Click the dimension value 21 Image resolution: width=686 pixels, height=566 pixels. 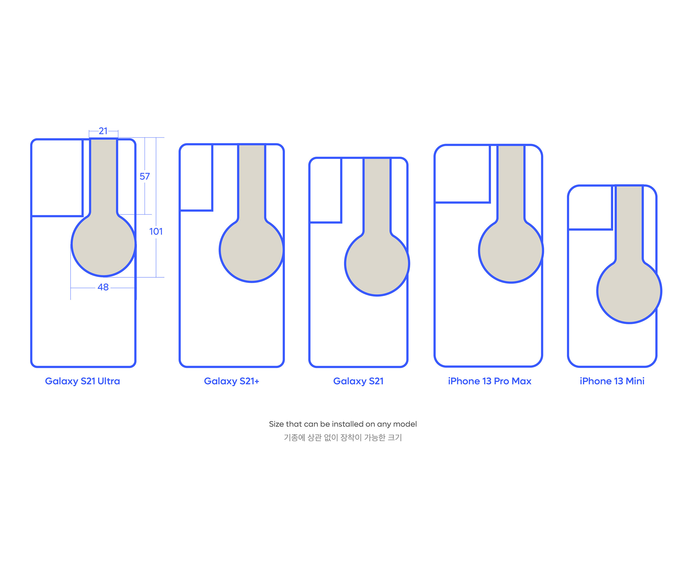pos(103,131)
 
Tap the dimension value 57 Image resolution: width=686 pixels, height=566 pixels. pos(145,176)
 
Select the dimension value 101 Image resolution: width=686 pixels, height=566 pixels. pos(156,232)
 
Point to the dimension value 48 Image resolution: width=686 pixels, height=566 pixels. pos(103,287)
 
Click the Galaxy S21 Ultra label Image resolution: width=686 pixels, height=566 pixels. pos(82,381)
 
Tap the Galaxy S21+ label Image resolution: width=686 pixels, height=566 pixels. pos(232,381)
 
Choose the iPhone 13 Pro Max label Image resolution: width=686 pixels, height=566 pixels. pos(490,381)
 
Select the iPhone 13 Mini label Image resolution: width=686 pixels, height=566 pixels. pos(612,381)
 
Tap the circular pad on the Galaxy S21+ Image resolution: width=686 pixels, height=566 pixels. pos(251,250)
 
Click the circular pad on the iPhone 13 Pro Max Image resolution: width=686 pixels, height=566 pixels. pos(511,251)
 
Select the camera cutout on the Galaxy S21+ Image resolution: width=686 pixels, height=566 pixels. pos(196,178)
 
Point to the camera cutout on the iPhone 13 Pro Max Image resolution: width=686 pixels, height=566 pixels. pos(462,174)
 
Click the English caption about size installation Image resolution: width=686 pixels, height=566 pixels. pos(343,424)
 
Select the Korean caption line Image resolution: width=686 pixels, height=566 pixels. pos(343,437)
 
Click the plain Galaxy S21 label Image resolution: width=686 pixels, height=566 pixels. pos(358,381)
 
